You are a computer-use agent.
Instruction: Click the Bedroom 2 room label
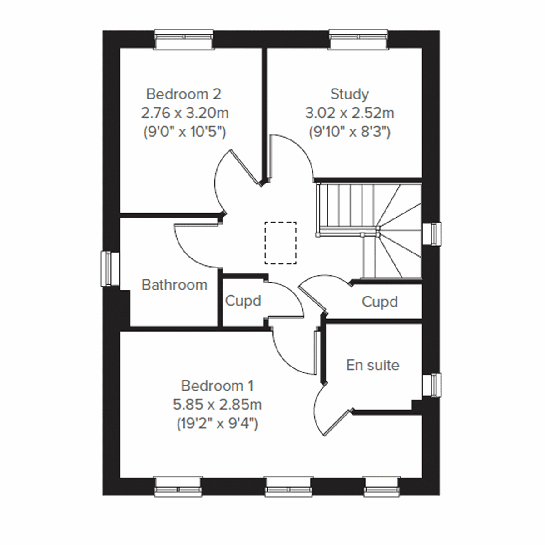(183, 94)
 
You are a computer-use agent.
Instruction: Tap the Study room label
(349, 94)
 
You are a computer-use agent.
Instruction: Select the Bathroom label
(174, 285)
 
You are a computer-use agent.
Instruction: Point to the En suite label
(372, 365)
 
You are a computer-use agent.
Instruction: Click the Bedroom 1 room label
(217, 386)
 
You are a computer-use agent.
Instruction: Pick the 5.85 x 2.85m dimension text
(217, 404)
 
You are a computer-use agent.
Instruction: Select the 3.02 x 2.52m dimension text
(349, 113)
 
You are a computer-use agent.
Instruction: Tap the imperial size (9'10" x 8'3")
(349, 132)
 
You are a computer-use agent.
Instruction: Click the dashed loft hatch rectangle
(280, 243)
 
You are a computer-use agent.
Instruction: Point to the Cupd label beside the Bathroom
(243, 301)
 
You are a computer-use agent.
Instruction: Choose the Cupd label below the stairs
(380, 302)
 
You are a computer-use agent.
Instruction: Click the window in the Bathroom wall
(108, 269)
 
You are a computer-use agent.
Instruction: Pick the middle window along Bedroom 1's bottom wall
(289, 486)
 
